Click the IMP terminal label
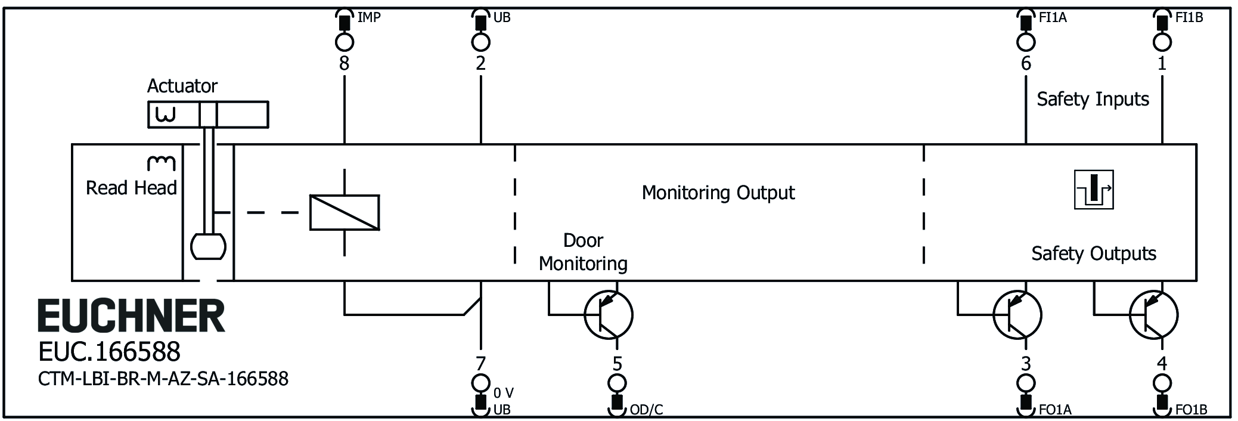368,17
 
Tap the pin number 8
344,63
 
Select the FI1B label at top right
1189,17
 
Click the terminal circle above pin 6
1026,42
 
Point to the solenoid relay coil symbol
345,212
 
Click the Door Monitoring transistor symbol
608,315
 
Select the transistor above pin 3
1017,315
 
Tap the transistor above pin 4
1153,315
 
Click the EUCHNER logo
131,316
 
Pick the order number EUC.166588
109,352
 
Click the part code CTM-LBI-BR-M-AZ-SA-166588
163,379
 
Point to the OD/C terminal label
646,410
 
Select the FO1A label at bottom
1055,410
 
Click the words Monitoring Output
718,193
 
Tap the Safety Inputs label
1093,99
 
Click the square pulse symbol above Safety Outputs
1094,190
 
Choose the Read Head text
131,188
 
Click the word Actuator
182,86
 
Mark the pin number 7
480,363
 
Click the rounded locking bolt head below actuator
208,246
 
